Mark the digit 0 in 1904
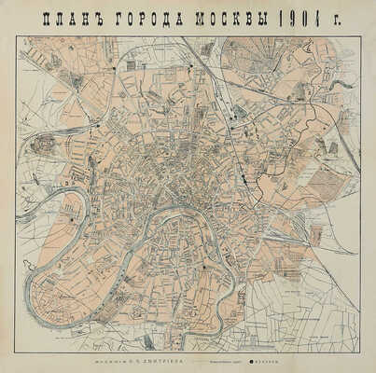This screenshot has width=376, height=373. (289, 17)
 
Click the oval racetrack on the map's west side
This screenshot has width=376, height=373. (42, 145)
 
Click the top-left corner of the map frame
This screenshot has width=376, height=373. (14, 35)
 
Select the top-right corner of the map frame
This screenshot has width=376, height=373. (361, 35)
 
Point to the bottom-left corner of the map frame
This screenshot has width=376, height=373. (14, 352)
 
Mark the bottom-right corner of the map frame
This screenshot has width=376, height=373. (361, 352)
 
